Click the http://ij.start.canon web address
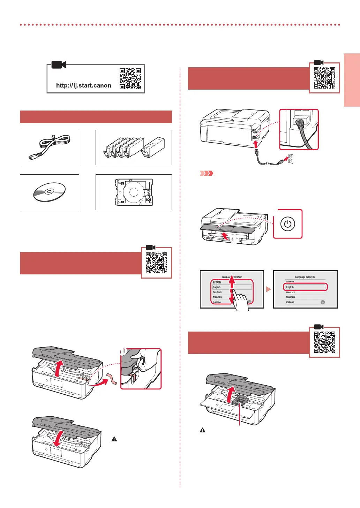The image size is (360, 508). click(x=84, y=85)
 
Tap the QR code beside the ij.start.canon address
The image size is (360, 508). click(x=130, y=78)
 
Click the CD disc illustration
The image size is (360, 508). click(x=49, y=192)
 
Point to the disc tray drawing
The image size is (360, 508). click(x=134, y=192)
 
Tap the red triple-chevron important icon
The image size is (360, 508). click(x=206, y=173)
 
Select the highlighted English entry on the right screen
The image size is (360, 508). click(x=305, y=287)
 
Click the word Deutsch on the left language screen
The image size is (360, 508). click(x=217, y=292)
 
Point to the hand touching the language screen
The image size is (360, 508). click(x=240, y=300)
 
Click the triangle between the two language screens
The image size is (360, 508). click(x=268, y=289)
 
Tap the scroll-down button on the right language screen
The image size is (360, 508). click(x=323, y=302)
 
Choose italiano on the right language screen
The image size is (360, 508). click(x=290, y=302)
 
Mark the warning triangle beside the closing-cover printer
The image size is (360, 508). click(x=114, y=439)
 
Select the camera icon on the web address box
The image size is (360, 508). click(x=59, y=65)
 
